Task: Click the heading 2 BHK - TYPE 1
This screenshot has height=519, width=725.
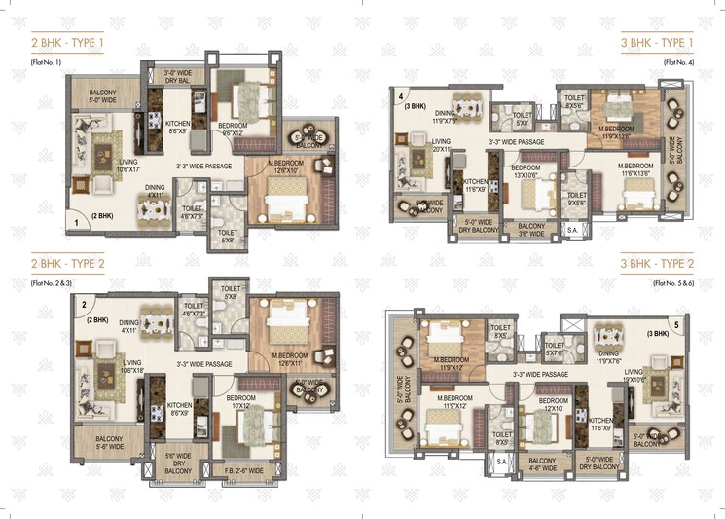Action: tap(68, 45)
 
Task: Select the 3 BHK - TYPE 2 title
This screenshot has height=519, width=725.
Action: tap(658, 264)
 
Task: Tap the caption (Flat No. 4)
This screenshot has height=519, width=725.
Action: tap(677, 62)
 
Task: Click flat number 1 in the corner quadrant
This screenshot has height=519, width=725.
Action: tap(76, 223)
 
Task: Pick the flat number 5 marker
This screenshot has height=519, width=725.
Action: tap(675, 324)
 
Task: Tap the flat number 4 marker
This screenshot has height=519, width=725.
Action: tap(401, 95)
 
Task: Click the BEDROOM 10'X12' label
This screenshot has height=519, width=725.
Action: tap(239, 403)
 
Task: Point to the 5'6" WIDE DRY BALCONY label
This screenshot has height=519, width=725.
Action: tap(179, 463)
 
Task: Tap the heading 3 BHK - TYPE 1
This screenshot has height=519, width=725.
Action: tap(658, 45)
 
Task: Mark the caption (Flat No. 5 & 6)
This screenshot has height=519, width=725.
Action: tap(672, 281)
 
